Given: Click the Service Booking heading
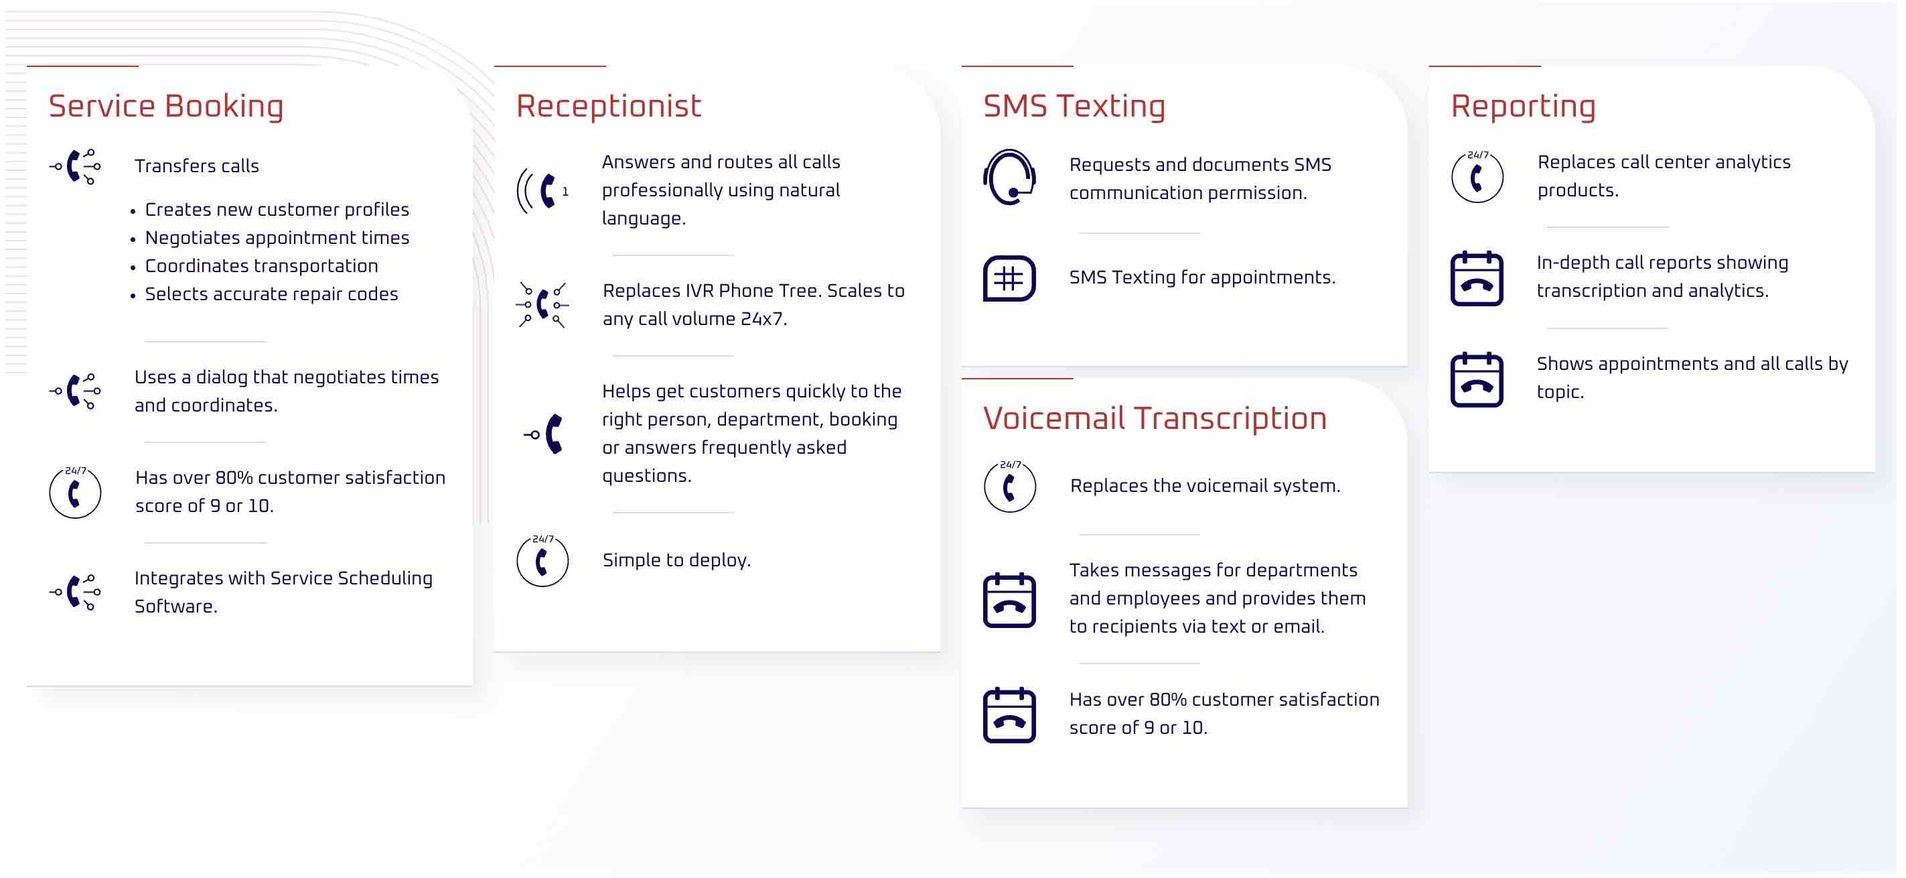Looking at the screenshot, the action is pos(165,107).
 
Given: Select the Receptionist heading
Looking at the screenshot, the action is pos(608,107).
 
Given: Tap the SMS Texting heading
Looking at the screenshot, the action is pos(1074,107).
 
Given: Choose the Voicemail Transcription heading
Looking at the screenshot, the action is pos(1155,419).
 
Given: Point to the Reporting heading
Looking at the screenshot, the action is pos(1524,107).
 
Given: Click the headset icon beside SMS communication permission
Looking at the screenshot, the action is pos(1009,177).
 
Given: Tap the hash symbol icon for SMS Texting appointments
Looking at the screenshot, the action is pos(1009,278).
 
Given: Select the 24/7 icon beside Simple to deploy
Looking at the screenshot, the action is pos(542,560).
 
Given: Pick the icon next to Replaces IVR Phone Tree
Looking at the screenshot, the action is pos(542,305).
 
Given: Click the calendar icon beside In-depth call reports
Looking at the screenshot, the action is pos(1477,278).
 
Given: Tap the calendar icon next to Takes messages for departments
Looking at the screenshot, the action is pos(1009,600).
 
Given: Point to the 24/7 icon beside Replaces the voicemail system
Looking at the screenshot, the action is pos(1009,487).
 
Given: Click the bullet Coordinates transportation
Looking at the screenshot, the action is pos(261,266).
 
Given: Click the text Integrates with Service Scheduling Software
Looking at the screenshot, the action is pos(283,592).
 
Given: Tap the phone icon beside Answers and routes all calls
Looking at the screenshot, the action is pos(542,191).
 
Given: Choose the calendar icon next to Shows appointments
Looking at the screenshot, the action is pos(1477,380).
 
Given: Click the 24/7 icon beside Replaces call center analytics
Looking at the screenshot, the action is pos(1477,177).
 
